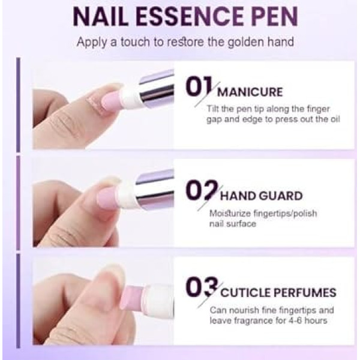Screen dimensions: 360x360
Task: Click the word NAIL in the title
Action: click(x=101, y=17)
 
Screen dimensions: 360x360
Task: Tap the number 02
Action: click(x=202, y=190)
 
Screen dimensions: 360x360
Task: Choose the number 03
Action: click(x=202, y=287)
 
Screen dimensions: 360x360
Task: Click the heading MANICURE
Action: click(x=250, y=92)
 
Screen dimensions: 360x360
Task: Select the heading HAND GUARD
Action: click(x=261, y=196)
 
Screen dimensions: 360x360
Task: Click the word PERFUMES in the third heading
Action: click(x=305, y=293)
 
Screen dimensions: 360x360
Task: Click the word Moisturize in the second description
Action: click(x=230, y=214)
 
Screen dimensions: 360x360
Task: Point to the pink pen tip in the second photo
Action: click(x=106, y=197)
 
